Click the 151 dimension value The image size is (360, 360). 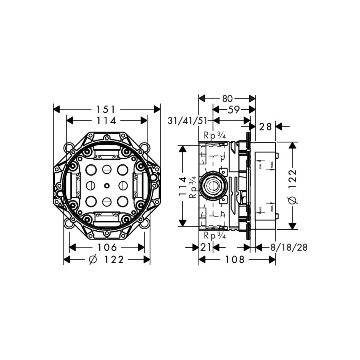click(x=107, y=109)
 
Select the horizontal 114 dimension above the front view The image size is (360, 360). click(x=107, y=120)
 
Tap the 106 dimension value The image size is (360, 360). click(x=107, y=247)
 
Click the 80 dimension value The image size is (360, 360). click(x=227, y=98)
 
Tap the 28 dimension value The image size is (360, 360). click(x=265, y=127)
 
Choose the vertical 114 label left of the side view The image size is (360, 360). click(x=183, y=186)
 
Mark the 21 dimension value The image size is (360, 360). click(x=206, y=248)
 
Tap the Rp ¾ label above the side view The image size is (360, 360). click(x=215, y=136)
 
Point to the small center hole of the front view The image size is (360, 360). click(x=107, y=185)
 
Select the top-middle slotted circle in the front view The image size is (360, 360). click(x=107, y=169)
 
